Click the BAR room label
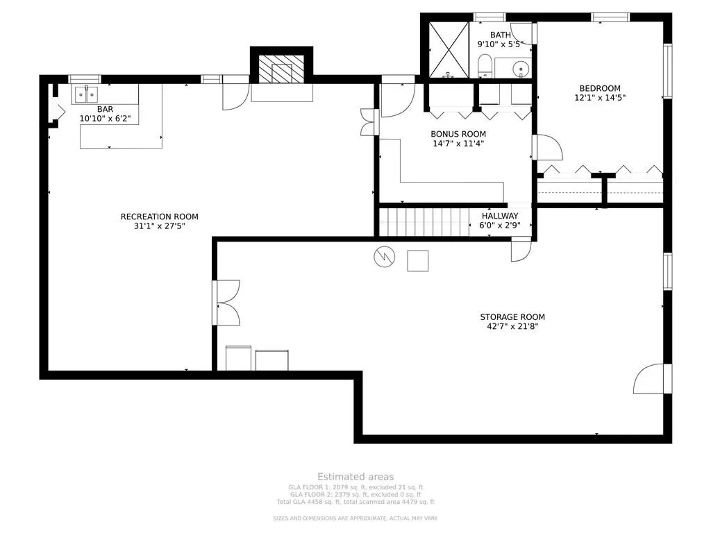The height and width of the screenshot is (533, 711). pyautogui.click(x=105, y=109)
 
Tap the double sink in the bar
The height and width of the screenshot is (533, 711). pyautogui.click(x=87, y=93)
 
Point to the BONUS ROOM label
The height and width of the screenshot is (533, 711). pyautogui.click(x=458, y=134)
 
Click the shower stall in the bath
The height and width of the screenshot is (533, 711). pyautogui.click(x=448, y=49)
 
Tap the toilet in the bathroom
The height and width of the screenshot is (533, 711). pyautogui.click(x=485, y=67)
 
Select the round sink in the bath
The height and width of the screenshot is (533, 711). pyautogui.click(x=521, y=69)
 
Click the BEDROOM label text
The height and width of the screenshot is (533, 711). pyautogui.click(x=600, y=88)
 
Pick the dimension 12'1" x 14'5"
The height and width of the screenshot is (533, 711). pyautogui.click(x=600, y=98)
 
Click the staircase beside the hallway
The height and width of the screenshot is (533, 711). pyautogui.click(x=424, y=222)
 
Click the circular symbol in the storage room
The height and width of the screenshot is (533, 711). pyautogui.click(x=383, y=257)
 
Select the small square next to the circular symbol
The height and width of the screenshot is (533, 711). pyautogui.click(x=417, y=260)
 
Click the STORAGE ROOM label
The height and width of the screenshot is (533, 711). pyautogui.click(x=512, y=317)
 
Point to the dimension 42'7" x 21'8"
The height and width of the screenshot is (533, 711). pyautogui.click(x=512, y=326)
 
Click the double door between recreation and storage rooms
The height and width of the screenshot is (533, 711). pyautogui.click(x=227, y=303)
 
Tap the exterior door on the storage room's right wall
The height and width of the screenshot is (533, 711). pyautogui.click(x=651, y=378)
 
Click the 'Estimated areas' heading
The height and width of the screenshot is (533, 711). pyautogui.click(x=355, y=476)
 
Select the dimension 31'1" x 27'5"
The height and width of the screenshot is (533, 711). pyautogui.click(x=159, y=226)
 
